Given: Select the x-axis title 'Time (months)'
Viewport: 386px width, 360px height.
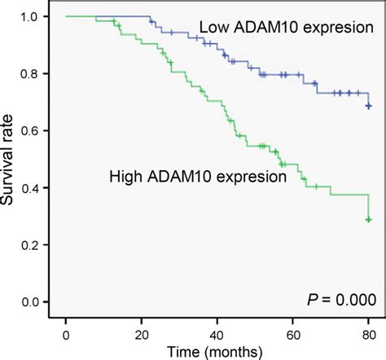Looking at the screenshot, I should (x=217, y=350).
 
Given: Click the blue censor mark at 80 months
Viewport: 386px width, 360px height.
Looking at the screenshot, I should (x=369, y=106).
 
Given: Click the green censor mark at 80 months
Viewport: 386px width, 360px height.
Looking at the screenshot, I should (x=369, y=219).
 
